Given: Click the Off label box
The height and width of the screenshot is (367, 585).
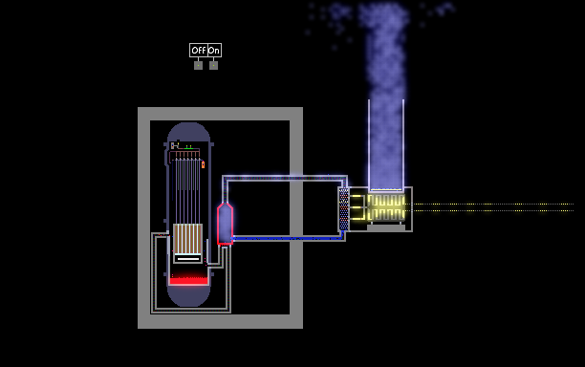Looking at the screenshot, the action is click(x=198, y=50).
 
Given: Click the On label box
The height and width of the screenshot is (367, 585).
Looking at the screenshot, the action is click(x=214, y=50).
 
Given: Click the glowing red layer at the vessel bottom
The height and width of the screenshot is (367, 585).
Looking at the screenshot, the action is click(x=188, y=280).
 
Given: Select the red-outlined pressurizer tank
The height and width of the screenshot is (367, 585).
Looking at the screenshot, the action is click(x=225, y=224).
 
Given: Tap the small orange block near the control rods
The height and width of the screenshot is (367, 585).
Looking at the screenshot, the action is click(x=203, y=164).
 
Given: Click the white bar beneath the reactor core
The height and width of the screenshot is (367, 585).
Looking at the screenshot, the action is click(x=188, y=258).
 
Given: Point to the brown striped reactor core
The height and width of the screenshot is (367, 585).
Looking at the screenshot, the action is click(x=188, y=239).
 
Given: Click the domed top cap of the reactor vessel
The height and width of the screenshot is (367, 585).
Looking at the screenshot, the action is click(x=188, y=132).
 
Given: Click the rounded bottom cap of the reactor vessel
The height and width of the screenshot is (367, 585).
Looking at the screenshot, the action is click(x=188, y=296).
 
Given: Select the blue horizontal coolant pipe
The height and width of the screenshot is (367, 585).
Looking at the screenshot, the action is click(x=287, y=238).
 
